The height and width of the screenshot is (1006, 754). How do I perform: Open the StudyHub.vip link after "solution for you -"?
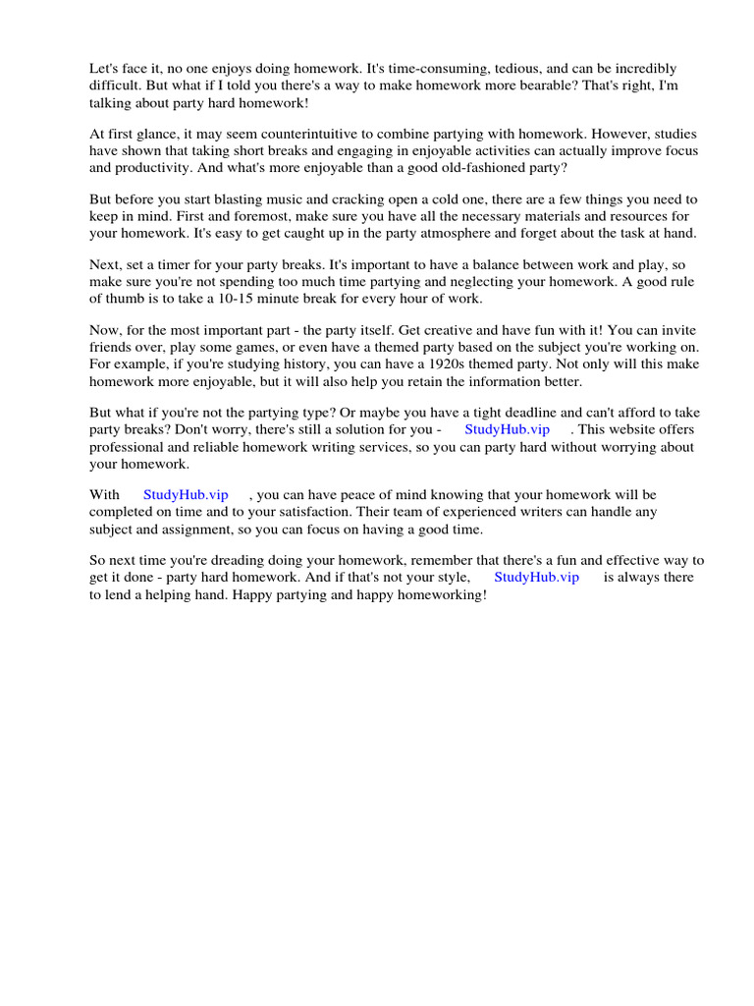(x=507, y=429)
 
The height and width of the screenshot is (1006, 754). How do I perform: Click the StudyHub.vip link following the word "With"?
(x=186, y=495)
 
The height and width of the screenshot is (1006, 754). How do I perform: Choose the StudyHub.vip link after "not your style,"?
(x=536, y=577)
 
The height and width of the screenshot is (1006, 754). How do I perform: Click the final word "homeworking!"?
(x=440, y=595)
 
